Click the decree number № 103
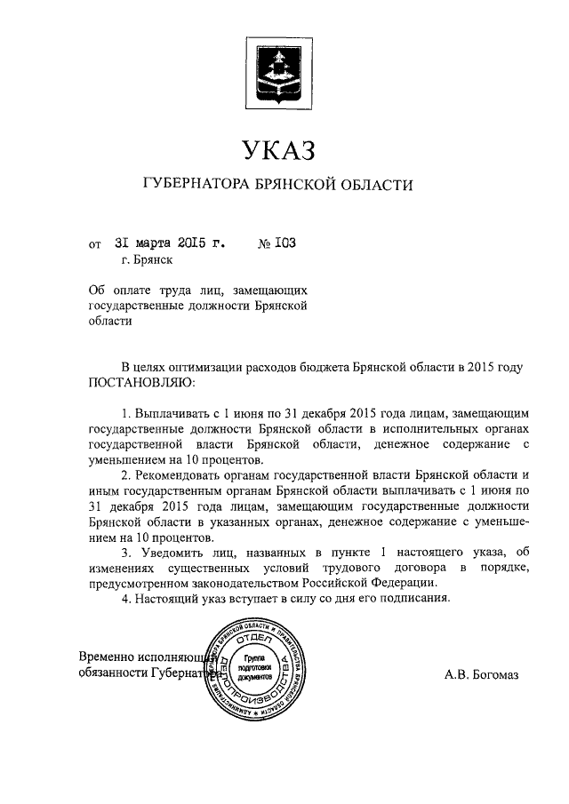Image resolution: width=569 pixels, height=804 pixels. click(x=276, y=242)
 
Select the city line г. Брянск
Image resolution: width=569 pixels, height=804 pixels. click(x=147, y=260)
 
